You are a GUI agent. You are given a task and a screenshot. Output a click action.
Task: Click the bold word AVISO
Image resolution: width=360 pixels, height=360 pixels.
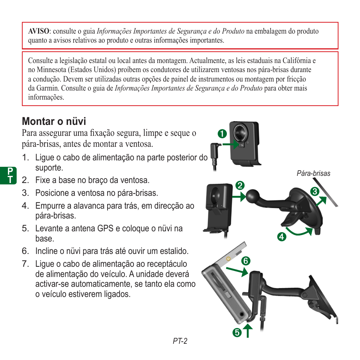pos(38,31)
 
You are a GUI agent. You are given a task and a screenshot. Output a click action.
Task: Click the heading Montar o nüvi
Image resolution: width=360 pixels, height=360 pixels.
pos(54,122)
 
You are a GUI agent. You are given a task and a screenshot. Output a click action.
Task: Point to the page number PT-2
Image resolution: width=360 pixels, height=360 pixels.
pos(180,341)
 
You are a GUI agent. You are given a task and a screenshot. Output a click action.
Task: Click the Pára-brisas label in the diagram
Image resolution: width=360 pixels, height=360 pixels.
pos(313,174)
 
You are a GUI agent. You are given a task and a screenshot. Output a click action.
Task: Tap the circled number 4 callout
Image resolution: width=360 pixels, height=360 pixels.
pos(281,237)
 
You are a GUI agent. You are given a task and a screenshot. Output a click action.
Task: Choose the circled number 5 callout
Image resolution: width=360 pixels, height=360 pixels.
pos(237,332)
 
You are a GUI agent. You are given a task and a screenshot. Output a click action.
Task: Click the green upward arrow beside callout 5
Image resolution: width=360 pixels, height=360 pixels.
pos(248,331)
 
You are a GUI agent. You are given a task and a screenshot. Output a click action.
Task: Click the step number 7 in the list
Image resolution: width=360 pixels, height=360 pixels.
pos(25,264)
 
